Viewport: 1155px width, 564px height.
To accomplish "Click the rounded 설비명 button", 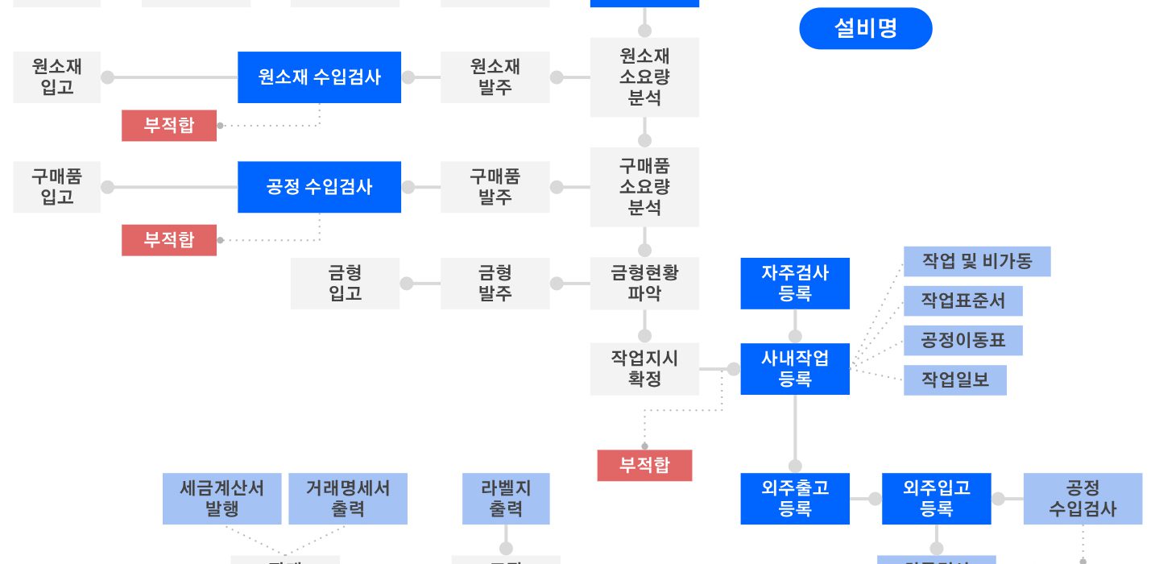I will (865, 29).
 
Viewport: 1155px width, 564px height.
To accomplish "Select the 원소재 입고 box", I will (57, 77).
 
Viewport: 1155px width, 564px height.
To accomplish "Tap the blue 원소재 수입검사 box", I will (319, 77).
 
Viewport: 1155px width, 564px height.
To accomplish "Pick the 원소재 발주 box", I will (495, 77).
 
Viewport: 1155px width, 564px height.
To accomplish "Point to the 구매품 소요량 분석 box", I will (644, 187).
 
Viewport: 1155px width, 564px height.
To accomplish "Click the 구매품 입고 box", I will (57, 187).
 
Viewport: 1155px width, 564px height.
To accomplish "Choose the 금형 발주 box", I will (495, 284).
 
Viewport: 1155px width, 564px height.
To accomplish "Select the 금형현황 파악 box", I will (644, 284).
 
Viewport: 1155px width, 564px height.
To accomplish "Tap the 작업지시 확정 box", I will (644, 369).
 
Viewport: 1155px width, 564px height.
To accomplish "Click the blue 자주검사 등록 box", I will (795, 284).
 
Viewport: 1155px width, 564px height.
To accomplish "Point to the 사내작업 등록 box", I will (795, 369).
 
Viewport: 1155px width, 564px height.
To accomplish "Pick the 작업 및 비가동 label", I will (977, 262).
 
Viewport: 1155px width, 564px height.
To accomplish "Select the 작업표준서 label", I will (963, 301).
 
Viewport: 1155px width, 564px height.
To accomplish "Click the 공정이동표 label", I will (963, 340).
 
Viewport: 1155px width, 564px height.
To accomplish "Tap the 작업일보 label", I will (955, 379).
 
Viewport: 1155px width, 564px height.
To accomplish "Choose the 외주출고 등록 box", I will (795, 499).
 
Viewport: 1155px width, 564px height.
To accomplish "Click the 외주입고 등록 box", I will (936, 499).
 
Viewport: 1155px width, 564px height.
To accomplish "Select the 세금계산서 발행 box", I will (221, 499).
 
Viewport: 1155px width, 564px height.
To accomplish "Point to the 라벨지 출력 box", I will (506, 499).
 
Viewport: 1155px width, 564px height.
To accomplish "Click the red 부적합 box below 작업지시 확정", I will (644, 466).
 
